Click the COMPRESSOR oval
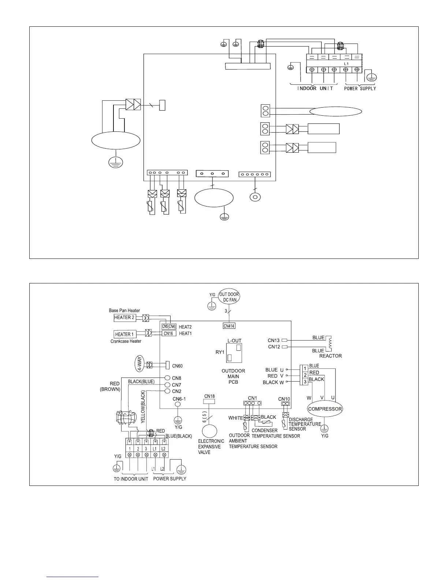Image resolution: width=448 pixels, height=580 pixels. coord(325,409)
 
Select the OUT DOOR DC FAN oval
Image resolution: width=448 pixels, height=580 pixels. coord(229,297)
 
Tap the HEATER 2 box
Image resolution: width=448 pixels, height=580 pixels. coord(124,317)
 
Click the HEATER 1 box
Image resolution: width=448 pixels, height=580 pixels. coord(124,334)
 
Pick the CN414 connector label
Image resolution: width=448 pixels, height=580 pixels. coord(229,326)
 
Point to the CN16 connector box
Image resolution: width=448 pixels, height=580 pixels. coord(168,334)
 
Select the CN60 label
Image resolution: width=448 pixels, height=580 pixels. coord(177,366)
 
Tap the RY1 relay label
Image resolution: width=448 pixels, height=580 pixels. coord(220,353)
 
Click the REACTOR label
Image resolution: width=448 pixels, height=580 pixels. coord(331,356)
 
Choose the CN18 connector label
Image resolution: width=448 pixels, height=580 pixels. coord(209,396)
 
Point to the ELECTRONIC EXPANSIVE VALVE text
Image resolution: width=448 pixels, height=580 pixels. coord(211,447)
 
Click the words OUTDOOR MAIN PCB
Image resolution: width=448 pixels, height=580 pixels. coord(233,376)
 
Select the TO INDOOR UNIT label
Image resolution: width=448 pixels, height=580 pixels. coord(131,479)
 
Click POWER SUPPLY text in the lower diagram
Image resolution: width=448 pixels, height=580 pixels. coord(169,479)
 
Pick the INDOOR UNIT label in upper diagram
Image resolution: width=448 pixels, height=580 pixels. coord(315,89)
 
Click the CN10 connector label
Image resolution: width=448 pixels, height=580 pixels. coord(284,399)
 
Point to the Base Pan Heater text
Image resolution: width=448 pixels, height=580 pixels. coord(124,311)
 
